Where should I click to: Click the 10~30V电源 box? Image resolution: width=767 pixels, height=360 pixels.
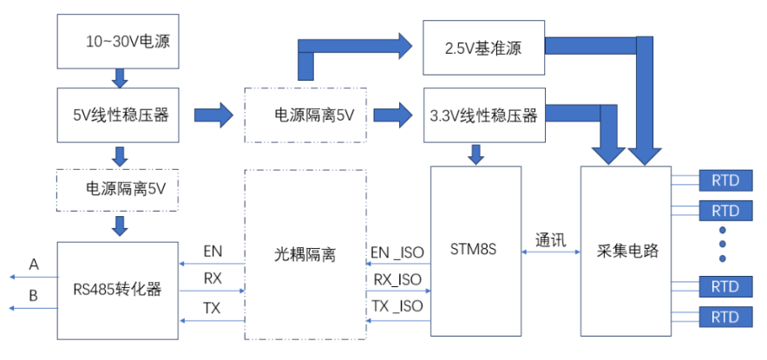point(120,41)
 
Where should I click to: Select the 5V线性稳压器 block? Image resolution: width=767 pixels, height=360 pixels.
point(120,114)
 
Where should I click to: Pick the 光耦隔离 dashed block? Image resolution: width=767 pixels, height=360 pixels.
point(305,254)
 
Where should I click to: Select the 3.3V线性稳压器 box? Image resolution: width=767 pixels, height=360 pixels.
point(483,115)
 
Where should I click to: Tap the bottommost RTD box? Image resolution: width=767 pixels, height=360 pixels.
point(724,318)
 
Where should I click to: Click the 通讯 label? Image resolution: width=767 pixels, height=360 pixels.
point(551,240)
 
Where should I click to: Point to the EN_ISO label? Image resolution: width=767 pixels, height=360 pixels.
point(397,252)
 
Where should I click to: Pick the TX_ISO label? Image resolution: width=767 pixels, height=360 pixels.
point(397,306)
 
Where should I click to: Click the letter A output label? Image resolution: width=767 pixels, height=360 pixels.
point(34,263)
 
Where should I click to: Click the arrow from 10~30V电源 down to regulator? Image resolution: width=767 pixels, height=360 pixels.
point(120,77)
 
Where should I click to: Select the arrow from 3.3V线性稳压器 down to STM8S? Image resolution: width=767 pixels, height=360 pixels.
point(476,154)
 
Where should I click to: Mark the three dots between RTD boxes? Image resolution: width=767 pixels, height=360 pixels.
point(723,245)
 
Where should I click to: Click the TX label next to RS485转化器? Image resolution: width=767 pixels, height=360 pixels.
point(212,306)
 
